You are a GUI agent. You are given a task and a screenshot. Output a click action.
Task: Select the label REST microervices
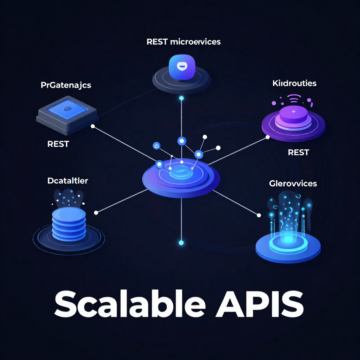[184, 42]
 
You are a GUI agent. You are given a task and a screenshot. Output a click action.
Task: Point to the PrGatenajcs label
[66, 85]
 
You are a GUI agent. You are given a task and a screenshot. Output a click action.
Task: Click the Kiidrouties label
[294, 83]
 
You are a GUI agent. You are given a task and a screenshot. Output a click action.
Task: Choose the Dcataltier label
[67, 181]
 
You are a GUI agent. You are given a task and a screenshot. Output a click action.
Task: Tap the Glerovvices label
[293, 183]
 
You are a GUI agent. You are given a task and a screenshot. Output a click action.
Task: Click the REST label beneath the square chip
[58, 144]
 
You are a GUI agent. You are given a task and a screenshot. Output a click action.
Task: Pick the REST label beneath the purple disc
[298, 152]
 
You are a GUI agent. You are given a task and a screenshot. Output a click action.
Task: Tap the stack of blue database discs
[69, 223]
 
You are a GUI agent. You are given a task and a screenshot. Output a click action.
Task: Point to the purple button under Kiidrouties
[293, 115]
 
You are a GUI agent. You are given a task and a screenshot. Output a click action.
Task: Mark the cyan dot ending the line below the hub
[181, 243]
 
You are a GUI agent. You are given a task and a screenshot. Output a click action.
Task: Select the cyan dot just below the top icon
[181, 98]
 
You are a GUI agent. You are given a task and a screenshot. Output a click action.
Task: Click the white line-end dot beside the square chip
[93, 126]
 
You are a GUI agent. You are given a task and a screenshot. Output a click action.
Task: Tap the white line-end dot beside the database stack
[96, 212]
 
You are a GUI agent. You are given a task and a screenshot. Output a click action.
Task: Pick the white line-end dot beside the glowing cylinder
[259, 215]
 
